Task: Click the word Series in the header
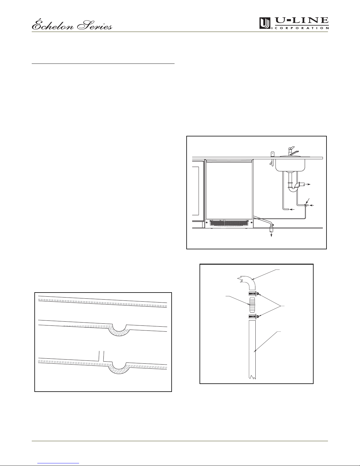[x=95, y=26]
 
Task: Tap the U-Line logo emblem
[x=265, y=23]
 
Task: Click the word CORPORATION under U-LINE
[x=302, y=28]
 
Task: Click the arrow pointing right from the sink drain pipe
[x=308, y=184]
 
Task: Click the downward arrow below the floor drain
[x=272, y=235]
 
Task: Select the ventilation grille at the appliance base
[x=229, y=223]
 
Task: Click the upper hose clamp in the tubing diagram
[x=254, y=294]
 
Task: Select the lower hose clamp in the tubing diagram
[x=254, y=317]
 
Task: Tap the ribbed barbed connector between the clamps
[x=252, y=305]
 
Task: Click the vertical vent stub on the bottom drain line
[x=101, y=356]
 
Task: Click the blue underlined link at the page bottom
[x=58, y=462]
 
